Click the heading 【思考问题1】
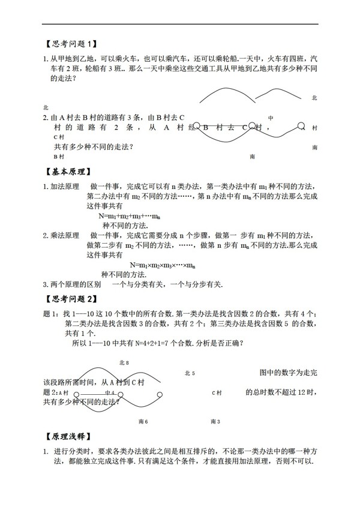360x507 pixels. point(71,43)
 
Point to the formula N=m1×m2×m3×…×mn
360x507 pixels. point(163,265)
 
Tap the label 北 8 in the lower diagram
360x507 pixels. point(124,362)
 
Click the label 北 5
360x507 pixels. point(190,373)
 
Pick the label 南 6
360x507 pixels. point(143,422)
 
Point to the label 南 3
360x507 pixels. point(215,422)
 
